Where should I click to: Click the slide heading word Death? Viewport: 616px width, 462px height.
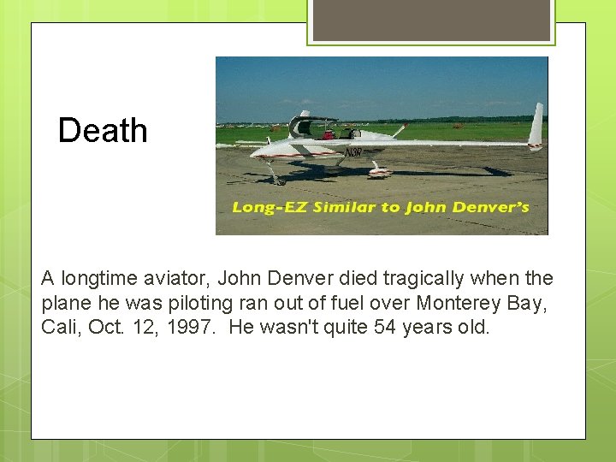tap(103, 131)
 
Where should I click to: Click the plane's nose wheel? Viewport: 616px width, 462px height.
tap(275, 180)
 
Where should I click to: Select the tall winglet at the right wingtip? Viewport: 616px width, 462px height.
tap(536, 126)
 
